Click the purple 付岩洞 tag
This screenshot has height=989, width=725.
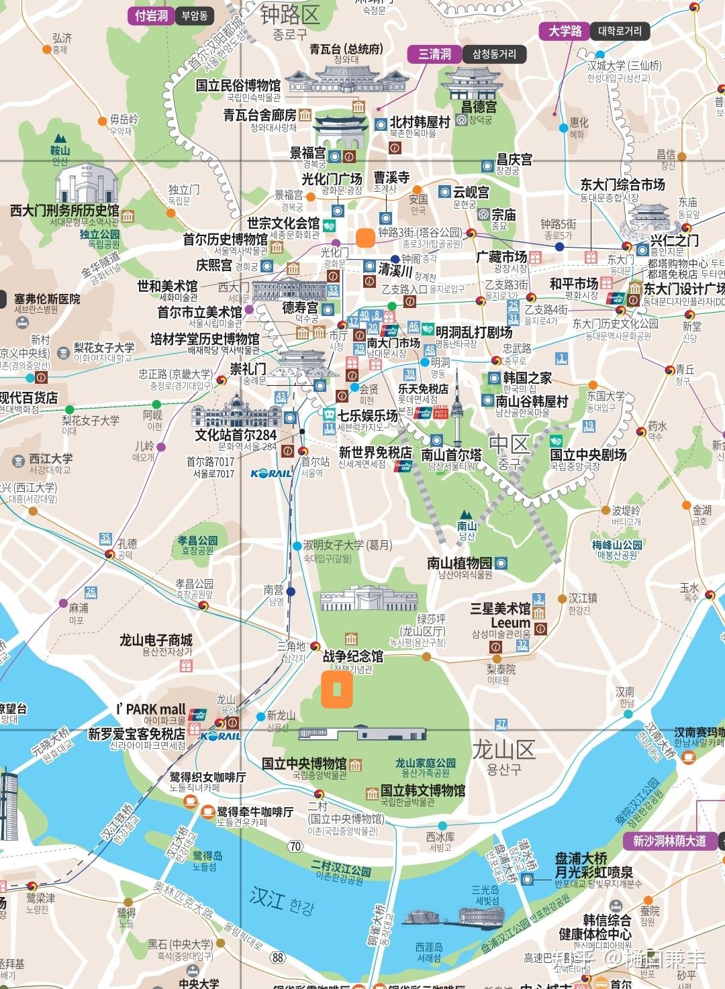151,15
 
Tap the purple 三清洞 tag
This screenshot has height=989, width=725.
434,54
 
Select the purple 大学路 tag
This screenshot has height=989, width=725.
565,31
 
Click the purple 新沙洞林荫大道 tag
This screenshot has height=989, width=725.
669,841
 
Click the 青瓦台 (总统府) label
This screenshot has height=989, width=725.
346,49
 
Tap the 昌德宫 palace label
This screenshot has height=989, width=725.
479,107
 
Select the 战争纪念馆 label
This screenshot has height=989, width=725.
353,656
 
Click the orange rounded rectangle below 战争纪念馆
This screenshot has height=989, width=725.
337,689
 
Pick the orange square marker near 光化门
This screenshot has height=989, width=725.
366,238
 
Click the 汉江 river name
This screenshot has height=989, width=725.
267,897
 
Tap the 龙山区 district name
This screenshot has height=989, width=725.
503,749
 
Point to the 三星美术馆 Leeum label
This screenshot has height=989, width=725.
500,615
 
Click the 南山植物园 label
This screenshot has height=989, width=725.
459,563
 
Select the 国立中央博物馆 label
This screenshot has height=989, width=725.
304,764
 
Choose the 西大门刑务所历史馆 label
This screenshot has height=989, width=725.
64,211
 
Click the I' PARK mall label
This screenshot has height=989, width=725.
150,709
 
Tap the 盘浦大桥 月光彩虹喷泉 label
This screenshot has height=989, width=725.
593,866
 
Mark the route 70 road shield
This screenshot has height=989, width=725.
295,846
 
